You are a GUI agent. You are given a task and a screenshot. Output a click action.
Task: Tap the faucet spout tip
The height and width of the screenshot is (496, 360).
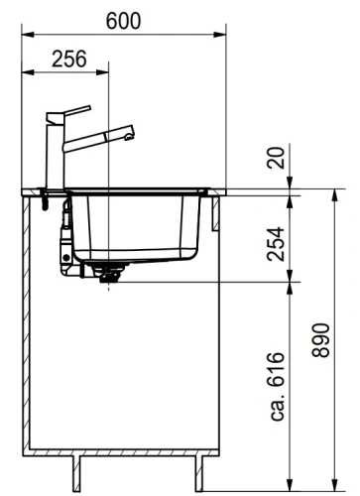pyautogui.click(x=128, y=130)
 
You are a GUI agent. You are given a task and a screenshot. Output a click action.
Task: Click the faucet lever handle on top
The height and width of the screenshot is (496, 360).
pyautogui.click(x=69, y=111)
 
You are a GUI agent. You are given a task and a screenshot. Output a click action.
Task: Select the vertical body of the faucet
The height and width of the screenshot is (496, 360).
pyautogui.click(x=53, y=154)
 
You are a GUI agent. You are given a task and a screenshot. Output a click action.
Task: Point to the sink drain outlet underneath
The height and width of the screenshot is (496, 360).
pyautogui.click(x=106, y=276)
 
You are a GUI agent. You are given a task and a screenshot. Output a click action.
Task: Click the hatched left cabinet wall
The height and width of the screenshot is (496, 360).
pyautogui.click(x=28, y=317)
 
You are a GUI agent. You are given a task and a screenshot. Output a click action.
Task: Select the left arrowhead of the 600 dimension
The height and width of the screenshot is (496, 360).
pyautogui.click(x=26, y=35)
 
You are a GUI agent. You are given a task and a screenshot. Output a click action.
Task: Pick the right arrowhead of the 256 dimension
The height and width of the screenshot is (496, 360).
pyautogui.click(x=106, y=72)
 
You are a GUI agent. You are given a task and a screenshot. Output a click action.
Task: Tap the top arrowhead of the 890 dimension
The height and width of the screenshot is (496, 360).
pyautogui.click(x=329, y=193)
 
